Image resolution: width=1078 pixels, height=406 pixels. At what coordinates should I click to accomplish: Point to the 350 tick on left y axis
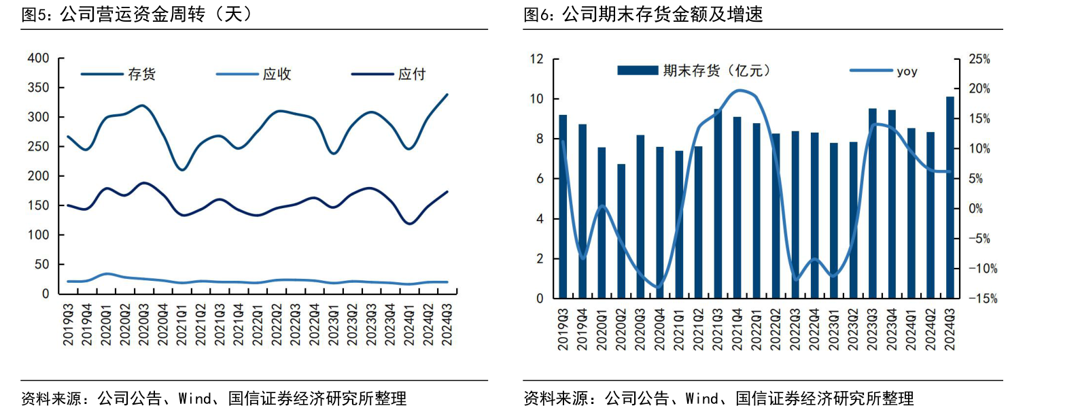(x=38, y=88)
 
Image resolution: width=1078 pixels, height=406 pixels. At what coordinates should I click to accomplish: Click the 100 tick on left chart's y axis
(x=38, y=235)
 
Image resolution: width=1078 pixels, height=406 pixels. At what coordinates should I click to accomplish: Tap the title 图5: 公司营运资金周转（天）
(x=137, y=14)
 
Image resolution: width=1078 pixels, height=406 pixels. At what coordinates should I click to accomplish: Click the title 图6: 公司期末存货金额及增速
(x=643, y=14)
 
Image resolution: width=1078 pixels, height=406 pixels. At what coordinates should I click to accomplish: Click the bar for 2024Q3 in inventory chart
(x=950, y=197)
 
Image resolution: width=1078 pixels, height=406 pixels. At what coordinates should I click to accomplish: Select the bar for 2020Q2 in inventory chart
(x=621, y=231)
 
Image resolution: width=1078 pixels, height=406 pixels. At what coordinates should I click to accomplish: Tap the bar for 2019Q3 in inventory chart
(x=563, y=207)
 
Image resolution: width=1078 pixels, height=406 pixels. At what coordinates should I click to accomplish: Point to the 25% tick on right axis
(x=979, y=59)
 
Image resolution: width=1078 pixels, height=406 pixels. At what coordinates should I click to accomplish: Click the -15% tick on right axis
(x=983, y=298)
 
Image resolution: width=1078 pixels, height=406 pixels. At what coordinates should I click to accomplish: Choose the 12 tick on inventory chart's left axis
(x=537, y=59)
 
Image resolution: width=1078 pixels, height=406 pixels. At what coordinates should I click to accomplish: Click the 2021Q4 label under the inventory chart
(x=737, y=329)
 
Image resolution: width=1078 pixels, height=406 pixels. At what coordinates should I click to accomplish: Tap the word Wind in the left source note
(x=194, y=398)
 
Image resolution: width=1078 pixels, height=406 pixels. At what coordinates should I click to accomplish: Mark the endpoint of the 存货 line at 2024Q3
(x=447, y=95)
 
